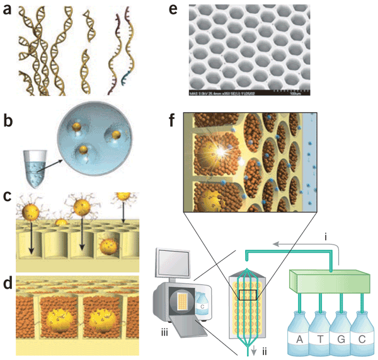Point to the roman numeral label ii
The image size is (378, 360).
(256, 349)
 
